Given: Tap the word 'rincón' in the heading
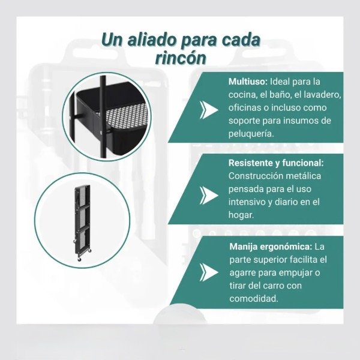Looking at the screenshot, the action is [x=181, y=58].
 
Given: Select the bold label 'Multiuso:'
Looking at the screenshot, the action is [x=248, y=82].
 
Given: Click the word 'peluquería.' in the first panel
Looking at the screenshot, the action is [x=251, y=134].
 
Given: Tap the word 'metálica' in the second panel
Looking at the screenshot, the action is [x=302, y=176].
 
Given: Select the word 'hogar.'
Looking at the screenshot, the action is [x=241, y=215].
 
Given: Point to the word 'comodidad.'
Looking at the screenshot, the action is [x=254, y=299].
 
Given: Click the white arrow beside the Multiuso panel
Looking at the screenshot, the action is [x=208, y=110].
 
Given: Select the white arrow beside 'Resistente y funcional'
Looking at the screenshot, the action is [x=208, y=196].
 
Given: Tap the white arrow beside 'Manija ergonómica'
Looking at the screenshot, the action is [x=208, y=272].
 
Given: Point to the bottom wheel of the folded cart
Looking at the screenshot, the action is [x=79, y=259].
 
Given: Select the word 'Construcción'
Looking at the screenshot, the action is [x=254, y=176].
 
